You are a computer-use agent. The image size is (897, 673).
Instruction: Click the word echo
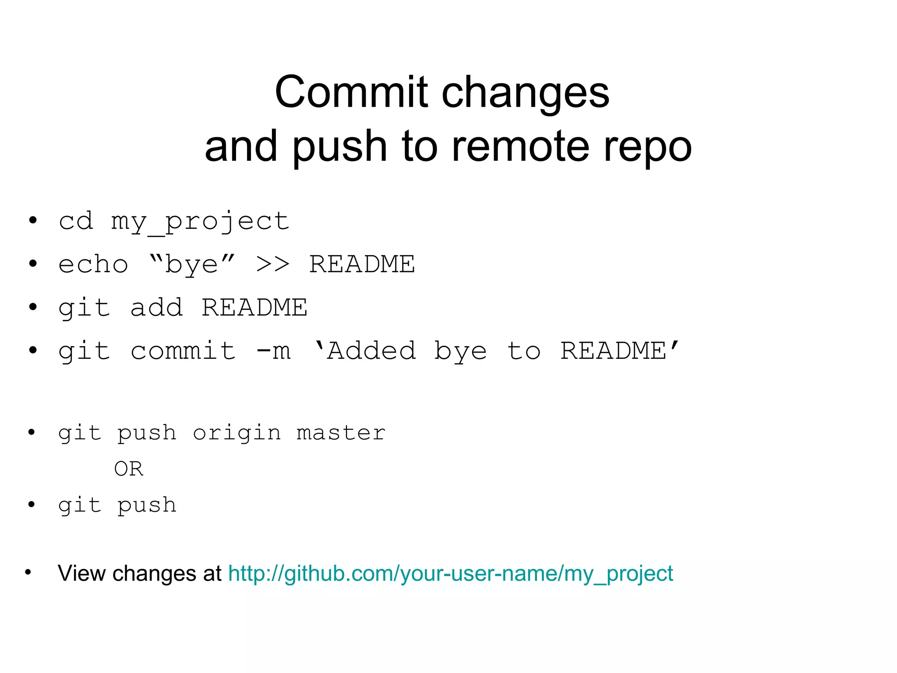pyautogui.click(x=93, y=265)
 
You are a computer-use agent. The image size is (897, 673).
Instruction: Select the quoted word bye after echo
pyautogui.click(x=192, y=265)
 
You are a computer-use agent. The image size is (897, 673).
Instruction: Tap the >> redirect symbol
pyautogui.click(x=272, y=264)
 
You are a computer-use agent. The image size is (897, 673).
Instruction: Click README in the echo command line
pyautogui.click(x=362, y=264)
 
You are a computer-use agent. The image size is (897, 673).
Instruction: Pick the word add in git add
pyautogui.click(x=156, y=308)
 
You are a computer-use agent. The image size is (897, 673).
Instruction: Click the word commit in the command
pyautogui.click(x=183, y=351)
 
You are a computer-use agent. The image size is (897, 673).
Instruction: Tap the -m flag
pyautogui.click(x=273, y=351)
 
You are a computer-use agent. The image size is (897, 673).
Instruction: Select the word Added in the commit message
pyautogui.click(x=371, y=351)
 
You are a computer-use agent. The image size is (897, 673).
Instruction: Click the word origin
pyautogui.click(x=237, y=433)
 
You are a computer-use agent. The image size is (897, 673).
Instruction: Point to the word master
pyautogui.click(x=341, y=433)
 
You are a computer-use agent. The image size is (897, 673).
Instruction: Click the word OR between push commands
pyautogui.click(x=128, y=469)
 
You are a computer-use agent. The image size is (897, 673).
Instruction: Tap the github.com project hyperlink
pyautogui.click(x=450, y=574)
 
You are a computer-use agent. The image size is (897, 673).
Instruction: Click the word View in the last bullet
pyautogui.click(x=81, y=574)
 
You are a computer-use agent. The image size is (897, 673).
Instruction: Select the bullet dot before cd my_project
pyautogui.click(x=33, y=220)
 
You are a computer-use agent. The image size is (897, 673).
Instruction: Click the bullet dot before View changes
pyautogui.click(x=28, y=572)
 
